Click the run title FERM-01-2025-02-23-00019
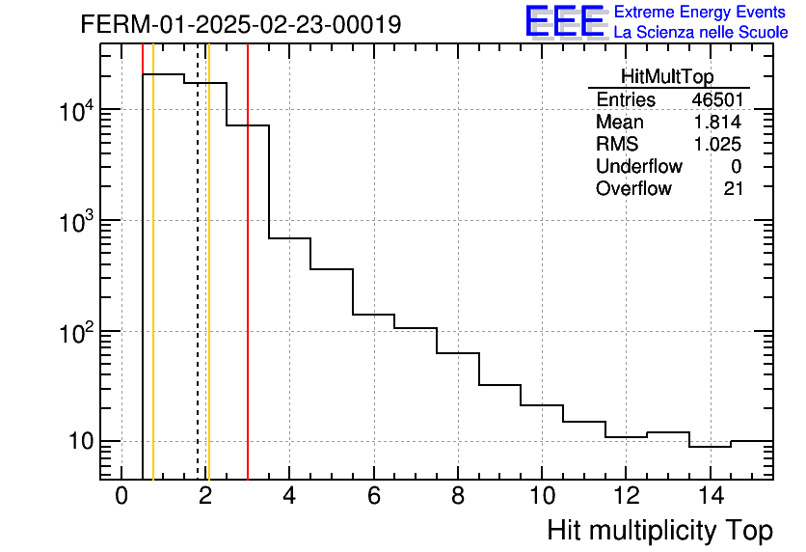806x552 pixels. click(x=241, y=24)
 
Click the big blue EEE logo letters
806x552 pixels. click(x=564, y=21)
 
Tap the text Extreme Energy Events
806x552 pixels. click(x=701, y=13)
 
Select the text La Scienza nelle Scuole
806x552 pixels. click(x=701, y=33)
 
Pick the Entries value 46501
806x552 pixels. click(x=716, y=100)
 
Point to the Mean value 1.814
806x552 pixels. click(x=720, y=123)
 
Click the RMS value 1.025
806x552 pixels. click(x=720, y=145)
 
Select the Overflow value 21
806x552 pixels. click(x=734, y=188)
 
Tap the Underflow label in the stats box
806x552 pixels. click(x=638, y=167)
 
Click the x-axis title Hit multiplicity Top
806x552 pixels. click(x=659, y=531)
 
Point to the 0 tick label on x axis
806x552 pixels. click(x=121, y=496)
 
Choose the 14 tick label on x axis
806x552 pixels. click(x=710, y=496)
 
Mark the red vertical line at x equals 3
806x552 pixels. click(x=248, y=290)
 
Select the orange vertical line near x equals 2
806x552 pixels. click(x=208, y=290)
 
